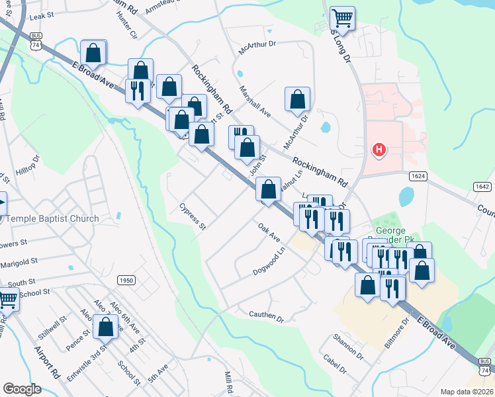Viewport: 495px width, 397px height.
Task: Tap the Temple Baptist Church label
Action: pyautogui.click(x=52, y=218)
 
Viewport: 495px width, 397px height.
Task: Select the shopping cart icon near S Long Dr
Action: pyautogui.click(x=342, y=17)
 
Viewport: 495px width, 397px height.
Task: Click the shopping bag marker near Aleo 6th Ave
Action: pyautogui.click(x=105, y=326)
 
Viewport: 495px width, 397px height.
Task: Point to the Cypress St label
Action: pyautogui.click(x=193, y=218)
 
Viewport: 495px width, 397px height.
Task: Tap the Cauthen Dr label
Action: pyautogui.click(x=266, y=318)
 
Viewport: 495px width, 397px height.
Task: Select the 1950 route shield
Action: pyautogui.click(x=126, y=281)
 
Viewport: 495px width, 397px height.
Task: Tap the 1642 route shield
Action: pyautogui.click(x=482, y=187)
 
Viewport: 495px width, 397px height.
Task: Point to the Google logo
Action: pyautogui.click(x=22, y=389)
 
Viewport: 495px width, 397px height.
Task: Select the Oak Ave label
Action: pyautogui.click(x=269, y=232)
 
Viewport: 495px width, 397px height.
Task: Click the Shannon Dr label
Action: pyautogui.click(x=348, y=347)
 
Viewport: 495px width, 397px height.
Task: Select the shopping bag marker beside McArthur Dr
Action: pyautogui.click(x=298, y=99)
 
